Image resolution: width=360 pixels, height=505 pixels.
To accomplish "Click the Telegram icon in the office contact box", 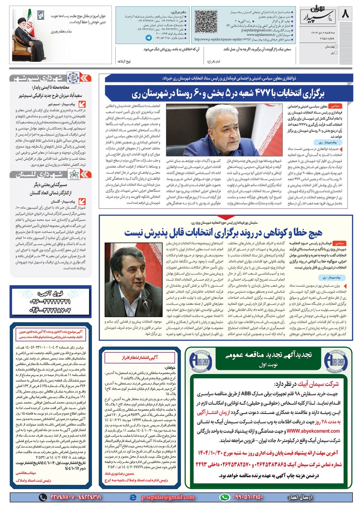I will (x=148, y=37).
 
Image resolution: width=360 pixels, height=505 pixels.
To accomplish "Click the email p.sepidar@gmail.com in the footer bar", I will (x=167, y=497).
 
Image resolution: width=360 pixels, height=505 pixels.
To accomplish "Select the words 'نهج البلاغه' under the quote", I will (x=124, y=61).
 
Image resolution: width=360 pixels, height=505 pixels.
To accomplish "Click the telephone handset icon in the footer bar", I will (x=43, y=497).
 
